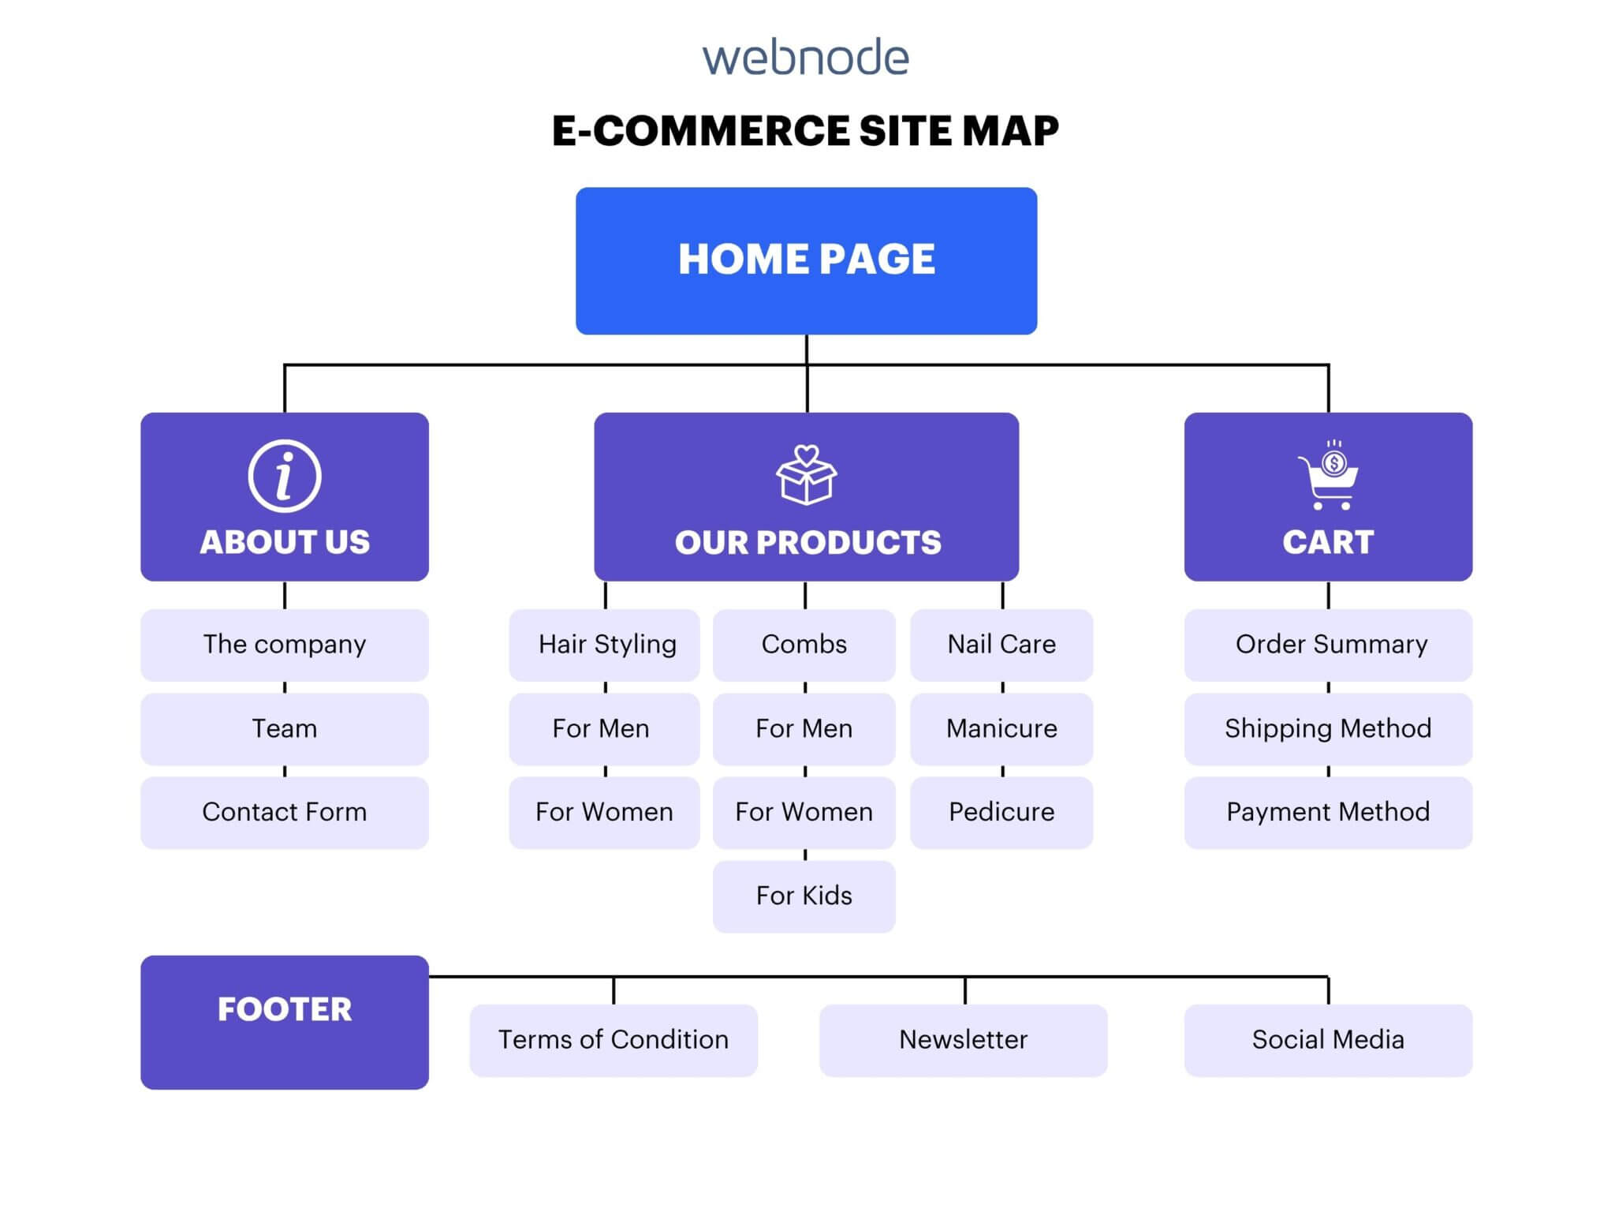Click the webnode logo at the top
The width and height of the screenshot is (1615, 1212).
pos(806,58)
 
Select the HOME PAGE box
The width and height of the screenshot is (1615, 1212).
pos(806,260)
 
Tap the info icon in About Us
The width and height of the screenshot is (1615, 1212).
pos(285,476)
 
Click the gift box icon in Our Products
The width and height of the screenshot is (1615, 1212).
pos(806,475)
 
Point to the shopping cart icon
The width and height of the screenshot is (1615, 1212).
pos(1329,476)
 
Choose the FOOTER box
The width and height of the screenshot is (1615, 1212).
pos(285,1022)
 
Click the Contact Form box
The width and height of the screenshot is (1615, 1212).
pos(285,812)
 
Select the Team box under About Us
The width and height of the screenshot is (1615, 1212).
pos(285,728)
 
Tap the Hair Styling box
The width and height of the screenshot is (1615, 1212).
pos(605,645)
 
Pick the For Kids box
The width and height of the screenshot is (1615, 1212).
pos(804,896)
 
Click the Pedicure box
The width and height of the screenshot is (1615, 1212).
pos(1001,812)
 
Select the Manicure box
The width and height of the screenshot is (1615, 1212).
pos(1001,728)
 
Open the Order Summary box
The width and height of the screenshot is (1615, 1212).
pos(1329,645)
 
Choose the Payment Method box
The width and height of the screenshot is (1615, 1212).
pos(1329,812)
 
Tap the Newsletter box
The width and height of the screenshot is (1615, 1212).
pos(964,1040)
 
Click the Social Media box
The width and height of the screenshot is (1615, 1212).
pos(1329,1040)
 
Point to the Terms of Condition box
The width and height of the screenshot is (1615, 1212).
pos(614,1040)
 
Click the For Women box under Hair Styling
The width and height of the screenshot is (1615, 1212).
pos(605,812)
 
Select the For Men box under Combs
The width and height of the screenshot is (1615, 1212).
pos(804,728)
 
